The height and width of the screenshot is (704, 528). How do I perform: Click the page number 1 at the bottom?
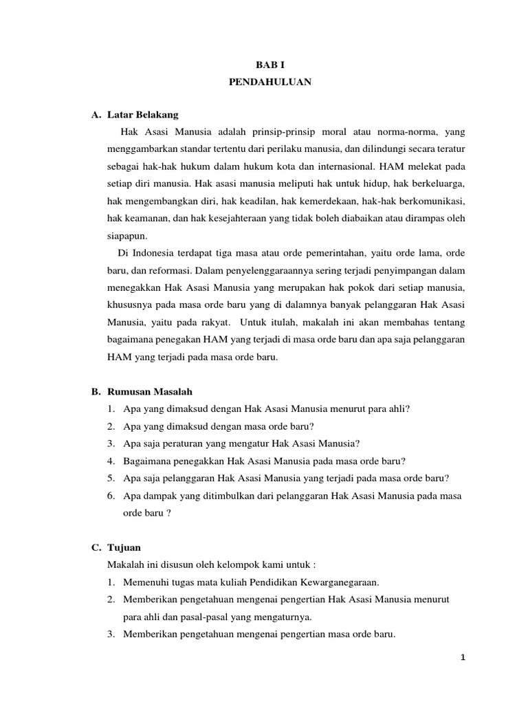pyautogui.click(x=463, y=657)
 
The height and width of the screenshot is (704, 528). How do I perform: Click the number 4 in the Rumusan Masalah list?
pyautogui.click(x=111, y=461)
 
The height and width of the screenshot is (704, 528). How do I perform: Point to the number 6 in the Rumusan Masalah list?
pyautogui.click(x=111, y=495)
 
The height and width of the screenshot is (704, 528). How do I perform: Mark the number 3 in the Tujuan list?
pyautogui.click(x=111, y=634)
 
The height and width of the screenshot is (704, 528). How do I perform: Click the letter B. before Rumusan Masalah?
pyautogui.click(x=96, y=391)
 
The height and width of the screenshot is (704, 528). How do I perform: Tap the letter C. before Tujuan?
pyautogui.click(x=96, y=547)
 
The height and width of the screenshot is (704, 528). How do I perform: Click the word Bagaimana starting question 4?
pyautogui.click(x=148, y=461)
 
